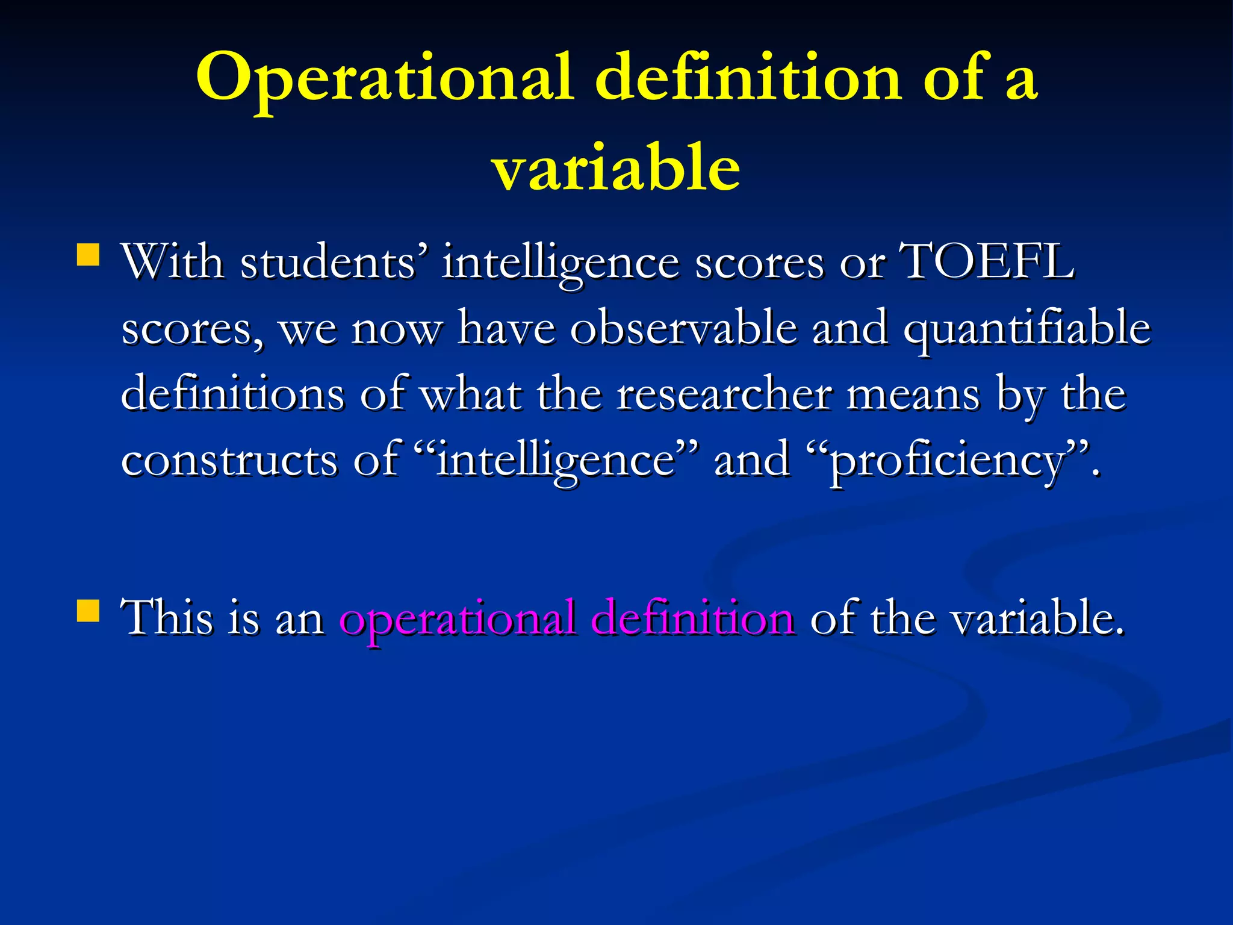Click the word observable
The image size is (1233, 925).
coord(683,328)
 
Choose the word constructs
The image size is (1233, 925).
coord(229,460)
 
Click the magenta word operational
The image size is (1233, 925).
coord(457,618)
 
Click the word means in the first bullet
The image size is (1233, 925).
coord(913,394)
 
